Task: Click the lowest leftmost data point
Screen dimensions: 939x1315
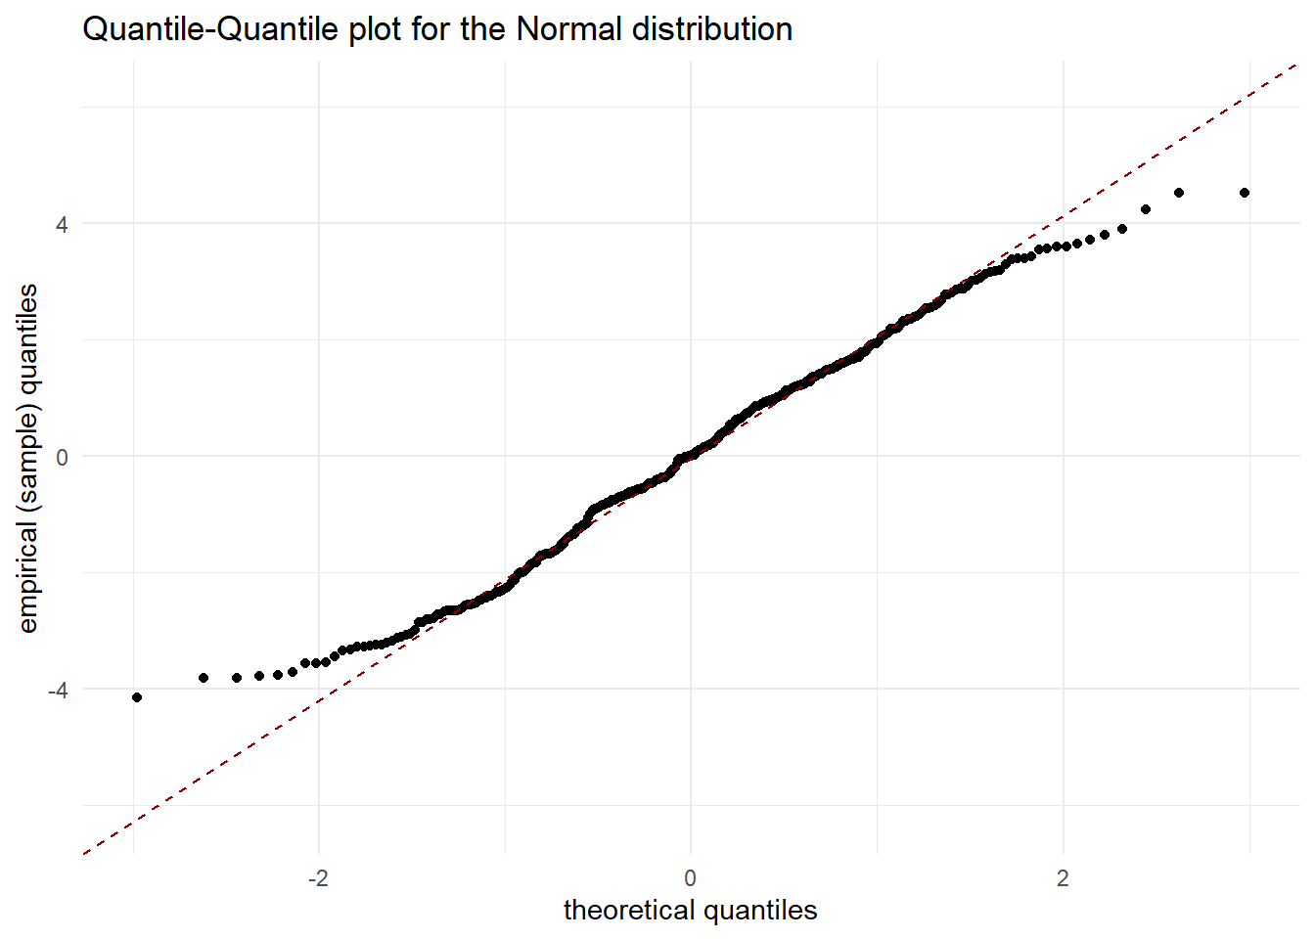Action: point(137,697)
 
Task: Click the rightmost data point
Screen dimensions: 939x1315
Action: point(1245,193)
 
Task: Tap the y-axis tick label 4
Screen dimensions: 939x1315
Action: point(62,224)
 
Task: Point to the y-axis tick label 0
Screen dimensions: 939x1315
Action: point(62,457)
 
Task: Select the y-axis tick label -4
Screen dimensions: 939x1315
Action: point(58,690)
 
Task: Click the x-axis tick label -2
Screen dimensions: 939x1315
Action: point(318,877)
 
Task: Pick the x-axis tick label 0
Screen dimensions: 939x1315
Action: point(691,877)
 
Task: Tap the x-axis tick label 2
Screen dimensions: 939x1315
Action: point(1063,877)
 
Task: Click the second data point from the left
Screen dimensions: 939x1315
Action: point(204,678)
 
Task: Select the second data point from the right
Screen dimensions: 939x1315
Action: point(1179,193)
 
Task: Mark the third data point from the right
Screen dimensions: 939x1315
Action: point(1146,209)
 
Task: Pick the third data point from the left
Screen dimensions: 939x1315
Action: point(237,678)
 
